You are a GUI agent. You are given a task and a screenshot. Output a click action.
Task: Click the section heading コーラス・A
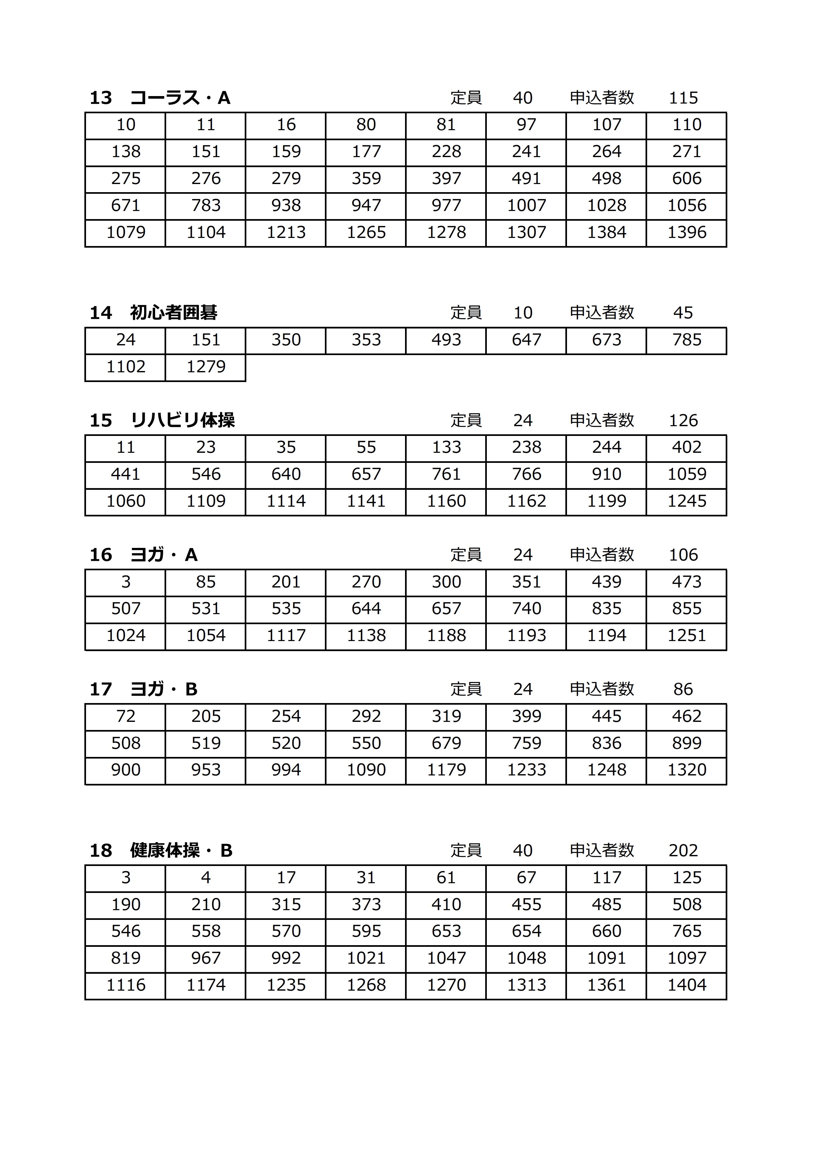coord(180,98)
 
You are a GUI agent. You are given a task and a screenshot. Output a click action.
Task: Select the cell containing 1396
coord(686,232)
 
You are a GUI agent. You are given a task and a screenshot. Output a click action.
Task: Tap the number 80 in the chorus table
coord(366,125)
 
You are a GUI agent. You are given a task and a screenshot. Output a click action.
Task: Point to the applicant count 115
coord(683,98)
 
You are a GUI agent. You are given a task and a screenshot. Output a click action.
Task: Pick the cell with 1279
coord(205,367)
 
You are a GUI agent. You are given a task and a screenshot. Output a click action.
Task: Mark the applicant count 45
coord(683,313)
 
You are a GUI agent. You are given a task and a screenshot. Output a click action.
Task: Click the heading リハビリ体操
coord(182,420)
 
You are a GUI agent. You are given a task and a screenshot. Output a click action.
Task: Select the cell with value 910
coord(606,474)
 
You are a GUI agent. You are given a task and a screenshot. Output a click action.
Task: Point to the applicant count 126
coord(683,420)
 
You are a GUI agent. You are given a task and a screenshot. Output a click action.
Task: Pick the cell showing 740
coord(526,609)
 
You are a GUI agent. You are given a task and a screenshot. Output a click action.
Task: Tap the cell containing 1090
coord(366,770)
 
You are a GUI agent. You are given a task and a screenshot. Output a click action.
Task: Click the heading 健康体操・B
coord(181,850)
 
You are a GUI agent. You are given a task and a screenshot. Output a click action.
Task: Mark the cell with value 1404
coord(686,985)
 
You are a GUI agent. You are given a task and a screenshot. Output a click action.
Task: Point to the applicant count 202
coord(683,850)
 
